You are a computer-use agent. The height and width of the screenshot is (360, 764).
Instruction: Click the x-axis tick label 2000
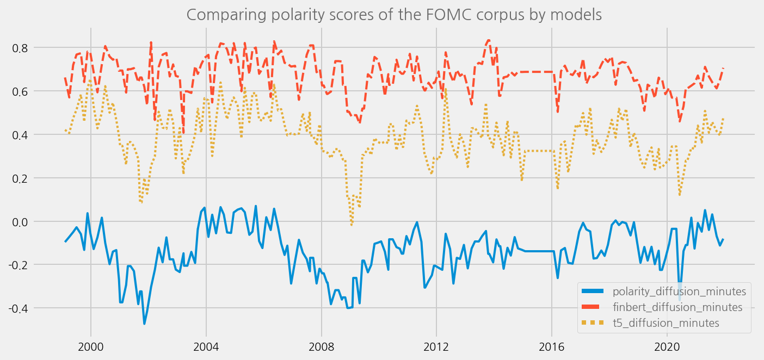91,346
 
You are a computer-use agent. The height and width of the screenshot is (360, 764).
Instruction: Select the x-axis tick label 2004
206,346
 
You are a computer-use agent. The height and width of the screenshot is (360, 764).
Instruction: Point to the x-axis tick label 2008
322,346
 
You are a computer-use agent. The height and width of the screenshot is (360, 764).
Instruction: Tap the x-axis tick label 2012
437,346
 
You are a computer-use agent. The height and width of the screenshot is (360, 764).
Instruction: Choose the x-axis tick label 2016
552,346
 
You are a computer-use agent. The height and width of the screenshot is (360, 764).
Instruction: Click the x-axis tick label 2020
668,346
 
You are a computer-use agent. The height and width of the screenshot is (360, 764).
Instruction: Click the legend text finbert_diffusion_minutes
677,307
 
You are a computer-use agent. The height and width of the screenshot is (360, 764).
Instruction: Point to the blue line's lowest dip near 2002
144,324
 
